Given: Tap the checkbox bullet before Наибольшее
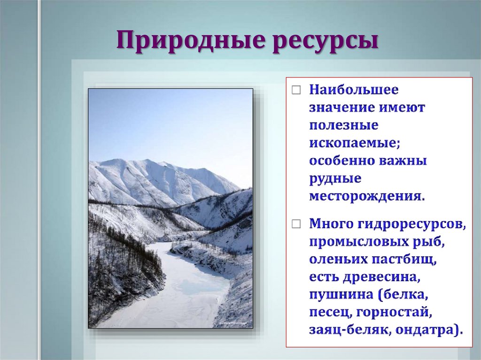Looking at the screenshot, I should (x=295, y=90).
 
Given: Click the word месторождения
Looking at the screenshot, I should (x=366, y=196).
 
